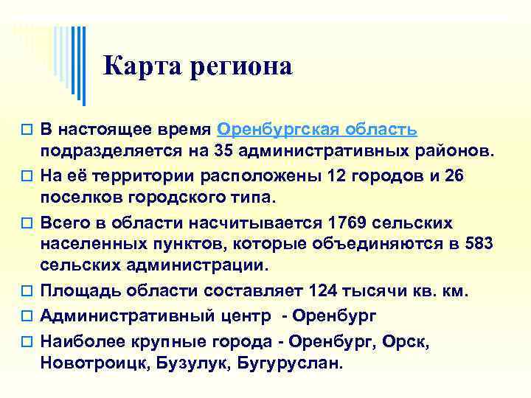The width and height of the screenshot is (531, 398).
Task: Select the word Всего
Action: pyautogui.click(x=63, y=222)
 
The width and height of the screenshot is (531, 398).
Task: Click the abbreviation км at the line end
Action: pyautogui.click(x=453, y=291)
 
